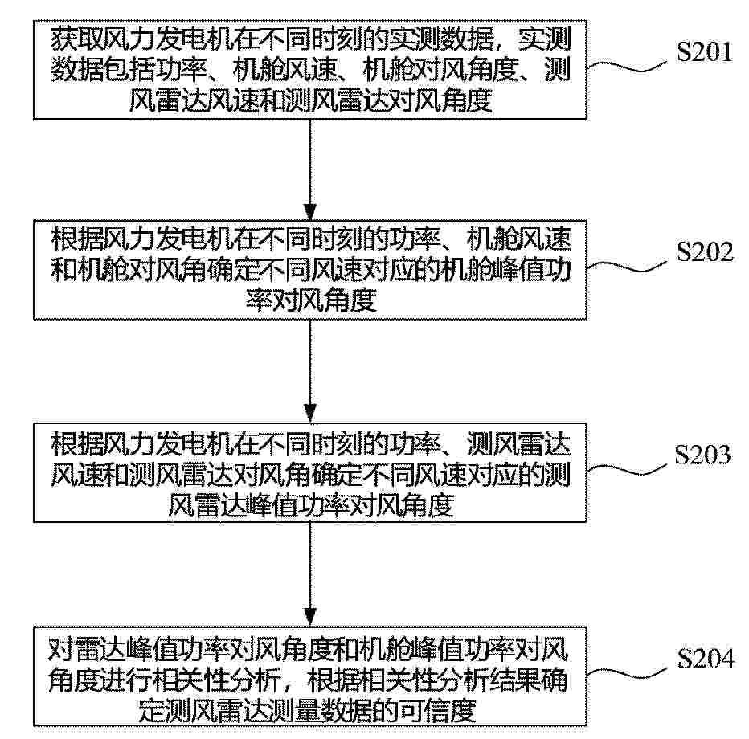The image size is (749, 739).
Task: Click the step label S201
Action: (705, 51)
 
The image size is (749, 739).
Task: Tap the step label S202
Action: (705, 251)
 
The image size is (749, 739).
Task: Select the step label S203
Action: (702, 455)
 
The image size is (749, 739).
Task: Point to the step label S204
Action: (706, 658)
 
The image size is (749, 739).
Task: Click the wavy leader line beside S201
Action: (626, 67)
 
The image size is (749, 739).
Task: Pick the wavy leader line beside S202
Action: (626, 267)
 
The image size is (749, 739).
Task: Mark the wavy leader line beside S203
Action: (626, 469)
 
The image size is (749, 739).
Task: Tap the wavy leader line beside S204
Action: (626, 673)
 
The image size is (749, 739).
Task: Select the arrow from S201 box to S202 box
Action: (310, 169)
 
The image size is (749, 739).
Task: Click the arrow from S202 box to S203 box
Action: (310, 371)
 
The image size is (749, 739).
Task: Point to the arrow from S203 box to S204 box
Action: (310, 574)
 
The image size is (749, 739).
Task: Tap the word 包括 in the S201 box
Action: (129, 69)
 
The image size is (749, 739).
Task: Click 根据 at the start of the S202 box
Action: (77, 239)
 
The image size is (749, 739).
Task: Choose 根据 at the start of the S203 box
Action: (77, 443)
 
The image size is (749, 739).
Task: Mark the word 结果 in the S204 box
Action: (515, 679)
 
